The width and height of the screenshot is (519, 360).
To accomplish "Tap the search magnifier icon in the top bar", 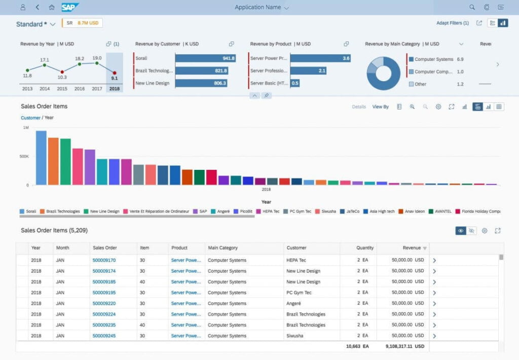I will pyautogui.click(x=472, y=7).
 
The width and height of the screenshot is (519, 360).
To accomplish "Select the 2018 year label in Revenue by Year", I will pyautogui.click(x=114, y=89).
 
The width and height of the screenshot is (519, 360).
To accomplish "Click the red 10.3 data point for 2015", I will pyautogui.click(x=62, y=72).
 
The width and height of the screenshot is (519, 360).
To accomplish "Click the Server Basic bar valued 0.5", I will pyautogui.click(x=294, y=83).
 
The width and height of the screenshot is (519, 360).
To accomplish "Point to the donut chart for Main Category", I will pyautogui.click(x=383, y=73).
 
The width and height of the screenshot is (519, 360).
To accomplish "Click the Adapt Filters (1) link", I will pyautogui.click(x=452, y=23).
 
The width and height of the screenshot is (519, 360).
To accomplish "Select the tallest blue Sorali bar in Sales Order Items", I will pyautogui.click(x=41, y=158).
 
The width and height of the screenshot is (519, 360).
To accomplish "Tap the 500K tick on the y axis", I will pyautogui.click(x=24, y=156).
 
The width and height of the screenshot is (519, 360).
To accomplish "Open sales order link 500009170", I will pyautogui.click(x=104, y=260).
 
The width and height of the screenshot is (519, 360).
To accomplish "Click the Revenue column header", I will pyautogui.click(x=412, y=248).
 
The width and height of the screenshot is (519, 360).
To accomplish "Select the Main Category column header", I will pyautogui.click(x=223, y=248).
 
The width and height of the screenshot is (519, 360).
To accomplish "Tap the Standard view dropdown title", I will pyautogui.click(x=35, y=24).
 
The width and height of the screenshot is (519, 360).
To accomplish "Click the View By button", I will pyautogui.click(x=380, y=107).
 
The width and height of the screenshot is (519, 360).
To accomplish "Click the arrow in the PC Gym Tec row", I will pyautogui.click(x=434, y=293).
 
